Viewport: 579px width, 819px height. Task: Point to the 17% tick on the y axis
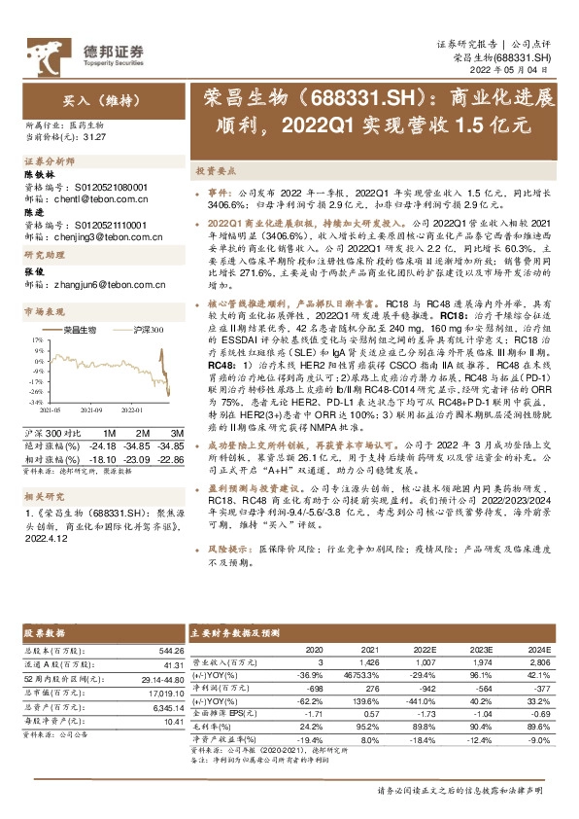point(37,368)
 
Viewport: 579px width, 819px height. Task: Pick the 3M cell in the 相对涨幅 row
point(169,458)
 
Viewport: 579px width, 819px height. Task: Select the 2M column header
point(142,434)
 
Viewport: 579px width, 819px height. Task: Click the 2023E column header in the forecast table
point(482,649)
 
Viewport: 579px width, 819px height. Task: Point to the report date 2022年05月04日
point(518,70)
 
